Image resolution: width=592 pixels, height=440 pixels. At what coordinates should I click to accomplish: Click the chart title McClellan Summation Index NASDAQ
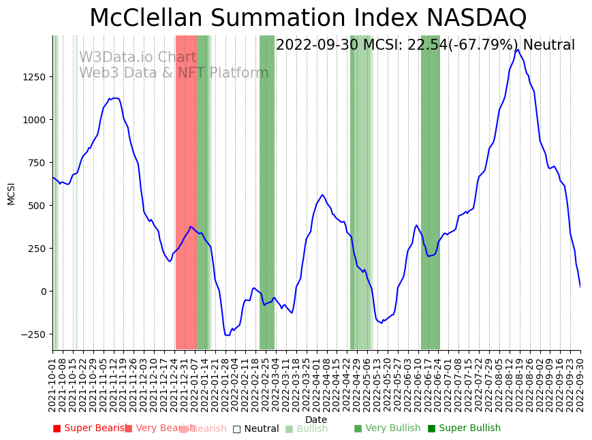click(x=308, y=18)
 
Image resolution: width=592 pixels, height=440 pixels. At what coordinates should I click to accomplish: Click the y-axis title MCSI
click(x=11, y=193)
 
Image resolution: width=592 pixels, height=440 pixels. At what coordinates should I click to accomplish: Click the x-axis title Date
click(x=316, y=420)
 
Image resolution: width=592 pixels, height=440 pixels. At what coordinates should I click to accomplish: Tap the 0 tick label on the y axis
click(x=42, y=292)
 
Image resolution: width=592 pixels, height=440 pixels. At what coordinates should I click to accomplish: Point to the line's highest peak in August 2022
click(x=518, y=49)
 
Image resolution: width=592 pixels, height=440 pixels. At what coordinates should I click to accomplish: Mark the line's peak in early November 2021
click(x=114, y=98)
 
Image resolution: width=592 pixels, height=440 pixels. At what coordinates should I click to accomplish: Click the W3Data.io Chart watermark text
click(x=138, y=58)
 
